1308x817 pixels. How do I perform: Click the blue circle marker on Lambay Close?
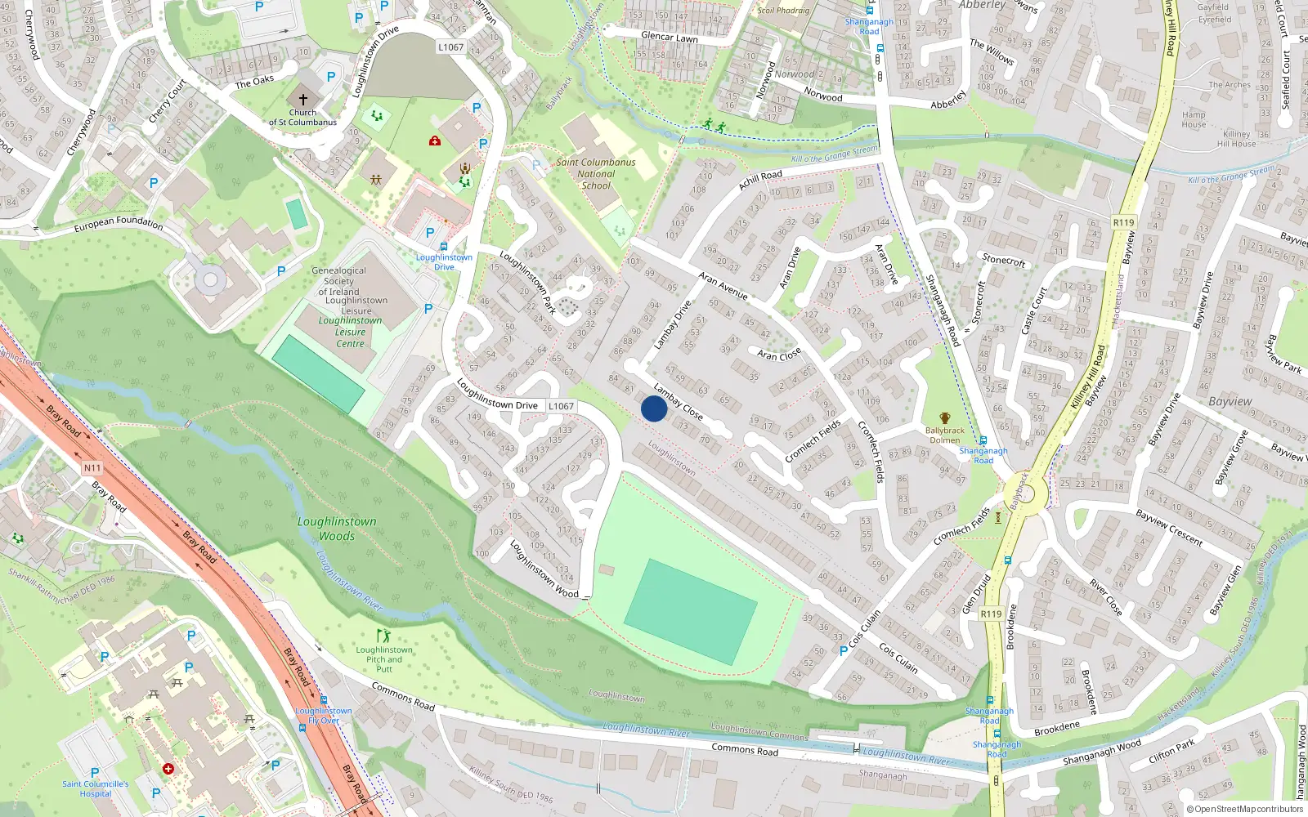coord(653,408)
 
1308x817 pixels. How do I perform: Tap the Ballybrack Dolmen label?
coord(944,435)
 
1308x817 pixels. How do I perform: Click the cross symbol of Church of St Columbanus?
coord(302,99)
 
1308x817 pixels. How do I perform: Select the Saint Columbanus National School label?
coord(596,174)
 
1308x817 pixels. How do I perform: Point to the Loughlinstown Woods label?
coord(337,529)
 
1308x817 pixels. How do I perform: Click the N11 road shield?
coord(92,468)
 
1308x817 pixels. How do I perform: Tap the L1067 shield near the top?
coord(450,47)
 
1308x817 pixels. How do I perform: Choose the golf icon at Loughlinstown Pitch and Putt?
coord(383,636)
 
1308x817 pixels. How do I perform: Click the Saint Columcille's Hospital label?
coord(96,788)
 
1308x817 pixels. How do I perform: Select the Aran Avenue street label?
coord(723,286)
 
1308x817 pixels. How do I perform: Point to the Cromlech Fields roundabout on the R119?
coord(1022,495)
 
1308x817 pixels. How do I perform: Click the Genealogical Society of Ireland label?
coord(338,281)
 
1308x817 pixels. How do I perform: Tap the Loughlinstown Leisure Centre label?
coord(350,332)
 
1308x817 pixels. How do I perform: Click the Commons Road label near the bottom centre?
coord(744,749)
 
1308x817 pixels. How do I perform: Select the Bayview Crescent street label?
coord(1169,528)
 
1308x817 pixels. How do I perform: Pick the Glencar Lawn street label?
coord(669,38)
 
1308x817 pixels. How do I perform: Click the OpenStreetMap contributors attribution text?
coord(1245,809)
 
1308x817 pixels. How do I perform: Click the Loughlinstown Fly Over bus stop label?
coord(324,716)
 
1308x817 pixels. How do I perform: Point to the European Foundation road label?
coord(119,222)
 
